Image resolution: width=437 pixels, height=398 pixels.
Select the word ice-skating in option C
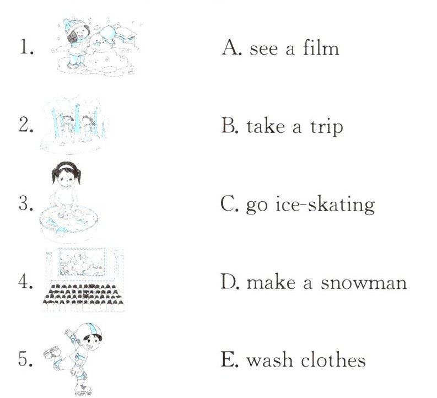click(x=325, y=205)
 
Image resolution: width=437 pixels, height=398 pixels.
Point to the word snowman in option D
click(x=363, y=283)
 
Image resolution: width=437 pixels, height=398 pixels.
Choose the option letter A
click(x=231, y=47)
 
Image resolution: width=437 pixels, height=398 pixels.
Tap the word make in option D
click(x=271, y=282)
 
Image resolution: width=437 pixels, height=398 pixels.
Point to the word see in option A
click(x=263, y=49)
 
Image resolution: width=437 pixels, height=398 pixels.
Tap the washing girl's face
click(x=66, y=177)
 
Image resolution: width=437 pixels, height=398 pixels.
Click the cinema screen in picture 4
click(x=83, y=261)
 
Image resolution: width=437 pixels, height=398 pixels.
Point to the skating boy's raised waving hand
click(x=68, y=332)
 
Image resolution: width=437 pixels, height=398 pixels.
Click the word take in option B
click(x=265, y=126)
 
